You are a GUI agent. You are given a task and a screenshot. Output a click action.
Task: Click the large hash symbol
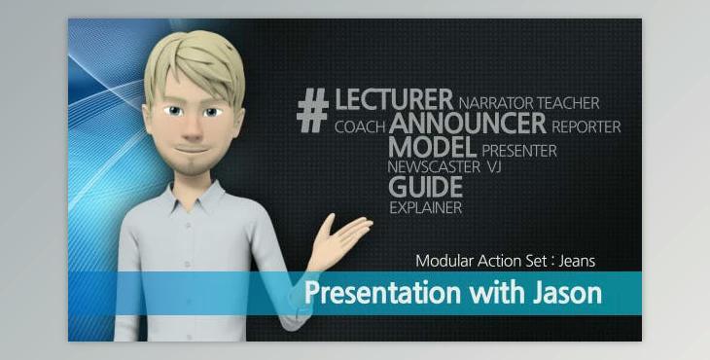coord(312,110)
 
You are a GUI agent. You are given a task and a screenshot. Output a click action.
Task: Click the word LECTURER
coord(394,99)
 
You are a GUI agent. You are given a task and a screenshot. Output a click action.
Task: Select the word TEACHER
coord(568,102)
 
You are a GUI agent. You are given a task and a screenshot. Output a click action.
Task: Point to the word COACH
coord(359,126)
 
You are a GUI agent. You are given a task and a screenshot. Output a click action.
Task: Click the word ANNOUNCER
coord(468,124)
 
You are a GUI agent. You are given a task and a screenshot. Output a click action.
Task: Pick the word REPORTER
coord(586,126)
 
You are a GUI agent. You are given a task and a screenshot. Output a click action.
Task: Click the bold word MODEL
coord(432,148)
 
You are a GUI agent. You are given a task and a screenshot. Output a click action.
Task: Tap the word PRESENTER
coord(518,152)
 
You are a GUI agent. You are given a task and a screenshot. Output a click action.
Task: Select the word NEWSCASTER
coord(433,167)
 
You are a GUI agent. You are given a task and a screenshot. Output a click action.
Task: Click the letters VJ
coord(493,167)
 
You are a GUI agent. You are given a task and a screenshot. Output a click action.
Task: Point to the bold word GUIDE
coord(425,187)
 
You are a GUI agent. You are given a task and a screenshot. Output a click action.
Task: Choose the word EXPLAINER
coord(425,207)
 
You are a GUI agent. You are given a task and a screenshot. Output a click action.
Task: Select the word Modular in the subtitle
coord(444,261)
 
